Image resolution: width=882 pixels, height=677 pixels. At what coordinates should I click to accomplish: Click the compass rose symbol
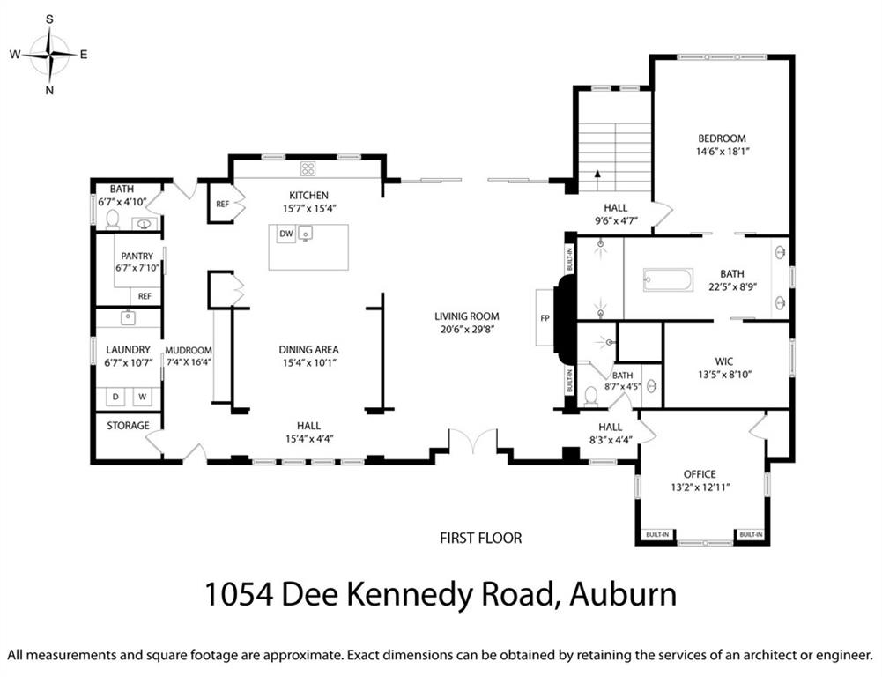point(50,55)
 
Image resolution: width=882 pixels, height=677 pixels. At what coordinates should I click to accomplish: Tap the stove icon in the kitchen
point(308,168)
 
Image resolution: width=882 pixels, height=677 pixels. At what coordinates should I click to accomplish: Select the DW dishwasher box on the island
point(285,234)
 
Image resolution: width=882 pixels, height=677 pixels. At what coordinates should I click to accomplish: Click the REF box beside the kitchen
point(222,204)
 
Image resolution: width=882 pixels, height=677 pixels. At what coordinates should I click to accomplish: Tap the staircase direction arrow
point(597,176)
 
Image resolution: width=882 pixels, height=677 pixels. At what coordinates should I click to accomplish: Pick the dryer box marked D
point(115,398)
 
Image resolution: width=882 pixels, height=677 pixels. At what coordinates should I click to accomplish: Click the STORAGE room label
point(128,426)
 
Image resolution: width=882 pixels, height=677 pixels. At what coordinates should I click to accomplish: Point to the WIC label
point(723,360)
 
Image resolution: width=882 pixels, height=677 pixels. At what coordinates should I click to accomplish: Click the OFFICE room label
point(700,473)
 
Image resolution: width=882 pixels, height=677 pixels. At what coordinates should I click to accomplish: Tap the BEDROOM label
point(722,138)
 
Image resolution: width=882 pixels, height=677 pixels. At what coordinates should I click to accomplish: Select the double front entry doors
point(473,441)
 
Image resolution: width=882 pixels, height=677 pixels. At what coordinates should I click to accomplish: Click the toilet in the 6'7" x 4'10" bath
point(112,219)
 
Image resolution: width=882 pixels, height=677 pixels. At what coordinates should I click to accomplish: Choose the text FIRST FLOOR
point(481,538)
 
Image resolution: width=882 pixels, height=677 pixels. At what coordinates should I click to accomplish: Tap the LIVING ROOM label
point(466,316)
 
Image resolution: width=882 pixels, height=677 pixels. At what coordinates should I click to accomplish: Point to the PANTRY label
point(137,257)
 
